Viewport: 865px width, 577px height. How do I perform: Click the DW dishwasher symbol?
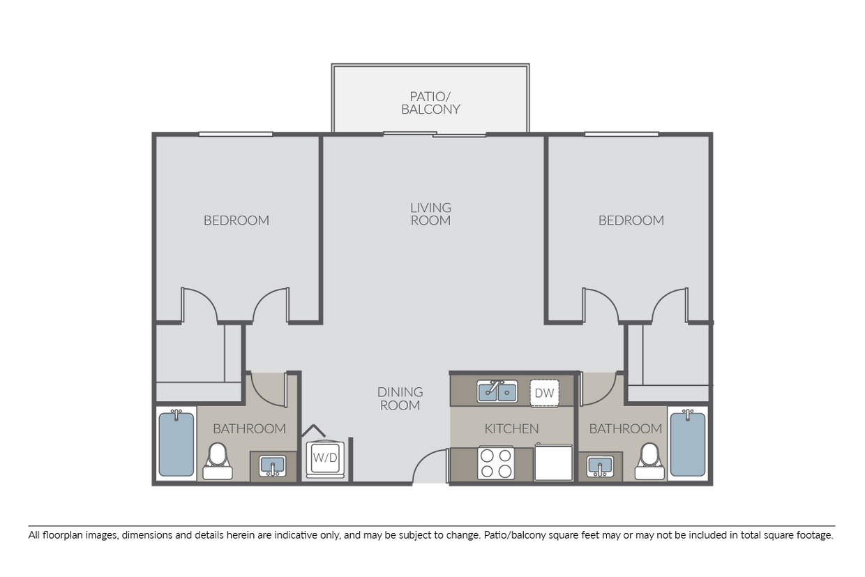pyautogui.click(x=544, y=394)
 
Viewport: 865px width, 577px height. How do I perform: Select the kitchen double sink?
pyautogui.click(x=497, y=391)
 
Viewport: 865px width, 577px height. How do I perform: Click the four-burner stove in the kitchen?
pyautogui.click(x=496, y=463)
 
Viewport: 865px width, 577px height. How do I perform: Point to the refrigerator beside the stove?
pyautogui.click(x=553, y=463)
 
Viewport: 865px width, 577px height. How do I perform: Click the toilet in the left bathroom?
pyautogui.click(x=218, y=460)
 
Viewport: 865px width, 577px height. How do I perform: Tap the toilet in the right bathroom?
pyautogui.click(x=649, y=460)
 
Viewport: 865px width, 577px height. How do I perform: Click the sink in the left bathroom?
pyautogui.click(x=272, y=466)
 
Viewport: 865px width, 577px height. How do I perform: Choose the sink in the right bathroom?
pyautogui.click(x=600, y=466)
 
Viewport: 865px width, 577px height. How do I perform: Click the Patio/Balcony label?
pyautogui.click(x=430, y=103)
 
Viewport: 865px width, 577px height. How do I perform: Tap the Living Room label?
pyautogui.click(x=430, y=214)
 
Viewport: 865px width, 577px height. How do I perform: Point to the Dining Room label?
pyautogui.click(x=400, y=398)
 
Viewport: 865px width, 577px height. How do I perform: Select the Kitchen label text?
pyautogui.click(x=511, y=428)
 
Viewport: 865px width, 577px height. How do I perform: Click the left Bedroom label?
pyautogui.click(x=236, y=220)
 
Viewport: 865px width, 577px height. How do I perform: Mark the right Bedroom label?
pyautogui.click(x=631, y=220)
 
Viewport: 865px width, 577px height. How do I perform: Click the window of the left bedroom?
pyautogui.click(x=236, y=134)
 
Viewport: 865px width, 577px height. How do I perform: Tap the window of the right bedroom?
pyautogui.click(x=622, y=134)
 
